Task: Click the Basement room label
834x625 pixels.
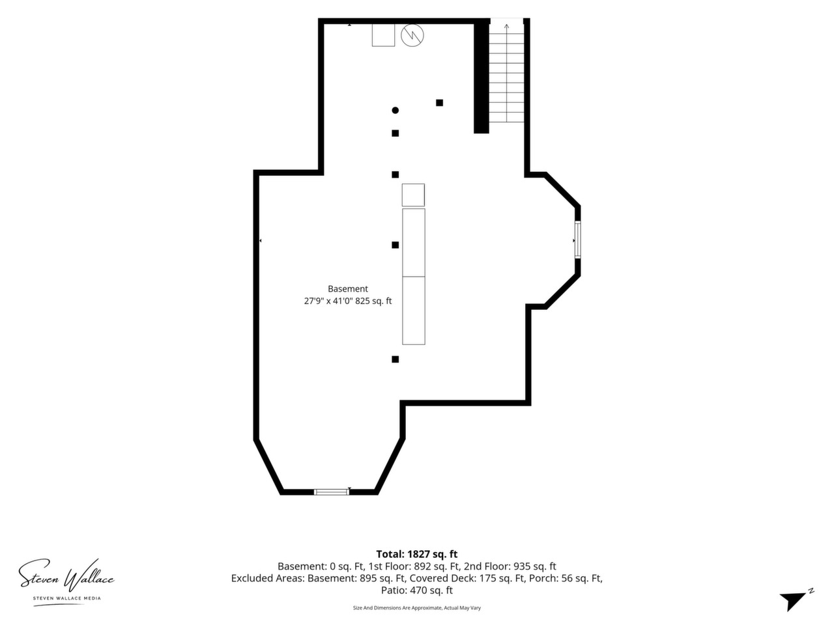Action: (x=348, y=289)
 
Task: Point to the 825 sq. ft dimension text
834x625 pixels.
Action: (x=373, y=301)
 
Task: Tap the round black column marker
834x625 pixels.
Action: (x=395, y=111)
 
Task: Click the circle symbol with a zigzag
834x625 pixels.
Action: (x=412, y=35)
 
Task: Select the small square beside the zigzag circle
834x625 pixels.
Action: (x=383, y=35)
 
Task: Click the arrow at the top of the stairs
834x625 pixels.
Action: (x=506, y=72)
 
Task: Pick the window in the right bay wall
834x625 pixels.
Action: (x=577, y=240)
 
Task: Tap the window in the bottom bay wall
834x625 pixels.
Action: (x=332, y=492)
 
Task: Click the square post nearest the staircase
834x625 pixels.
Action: (x=440, y=103)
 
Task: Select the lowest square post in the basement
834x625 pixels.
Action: (x=395, y=359)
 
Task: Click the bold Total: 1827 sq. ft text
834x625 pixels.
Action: (x=417, y=554)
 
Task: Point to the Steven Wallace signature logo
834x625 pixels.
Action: (x=66, y=576)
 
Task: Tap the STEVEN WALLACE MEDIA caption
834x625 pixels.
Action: (x=67, y=598)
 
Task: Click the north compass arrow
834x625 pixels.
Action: (x=796, y=600)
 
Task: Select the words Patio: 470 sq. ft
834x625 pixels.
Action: (x=417, y=590)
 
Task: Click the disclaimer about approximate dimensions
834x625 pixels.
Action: (x=417, y=608)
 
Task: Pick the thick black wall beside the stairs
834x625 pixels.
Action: (x=481, y=76)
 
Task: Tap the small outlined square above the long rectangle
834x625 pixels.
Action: (x=413, y=195)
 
